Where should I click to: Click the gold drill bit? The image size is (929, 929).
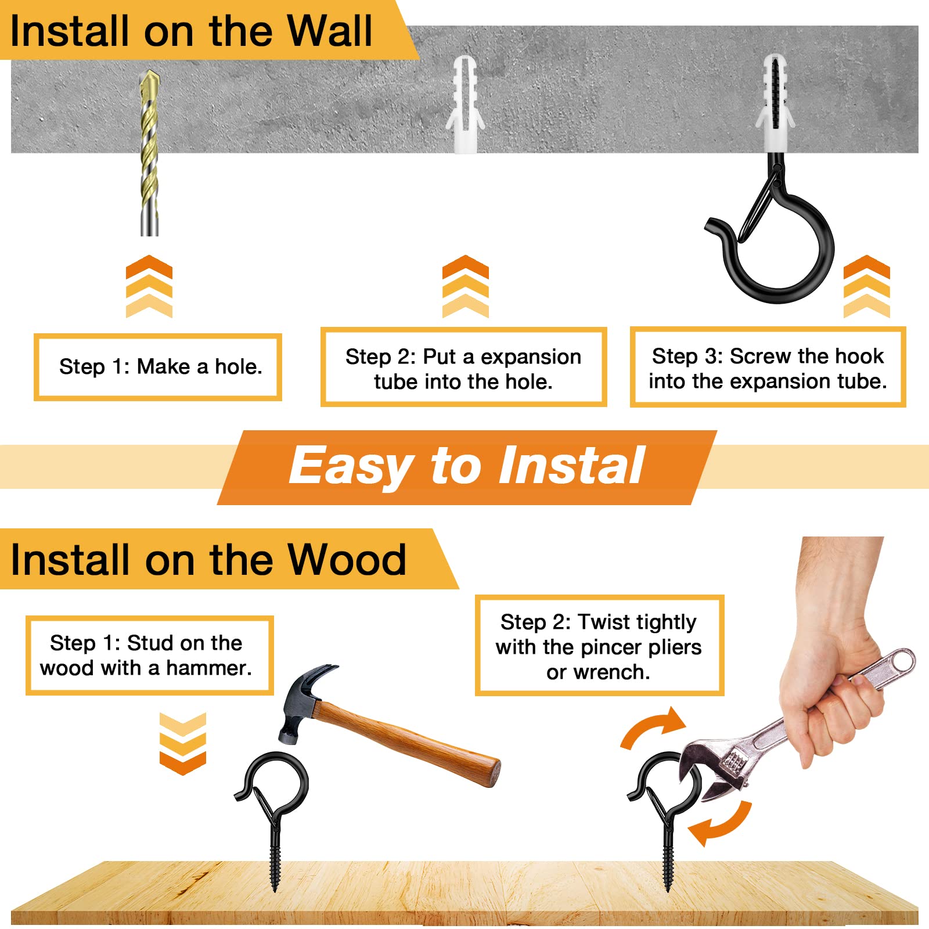(150, 152)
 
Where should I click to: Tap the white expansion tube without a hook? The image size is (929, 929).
(465, 105)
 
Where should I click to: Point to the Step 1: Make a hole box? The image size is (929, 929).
(158, 367)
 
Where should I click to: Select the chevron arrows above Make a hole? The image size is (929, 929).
(149, 286)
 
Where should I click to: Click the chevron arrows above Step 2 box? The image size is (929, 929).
(465, 286)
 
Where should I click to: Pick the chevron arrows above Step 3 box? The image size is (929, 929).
(866, 286)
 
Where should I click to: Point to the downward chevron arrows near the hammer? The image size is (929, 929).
(183, 744)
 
